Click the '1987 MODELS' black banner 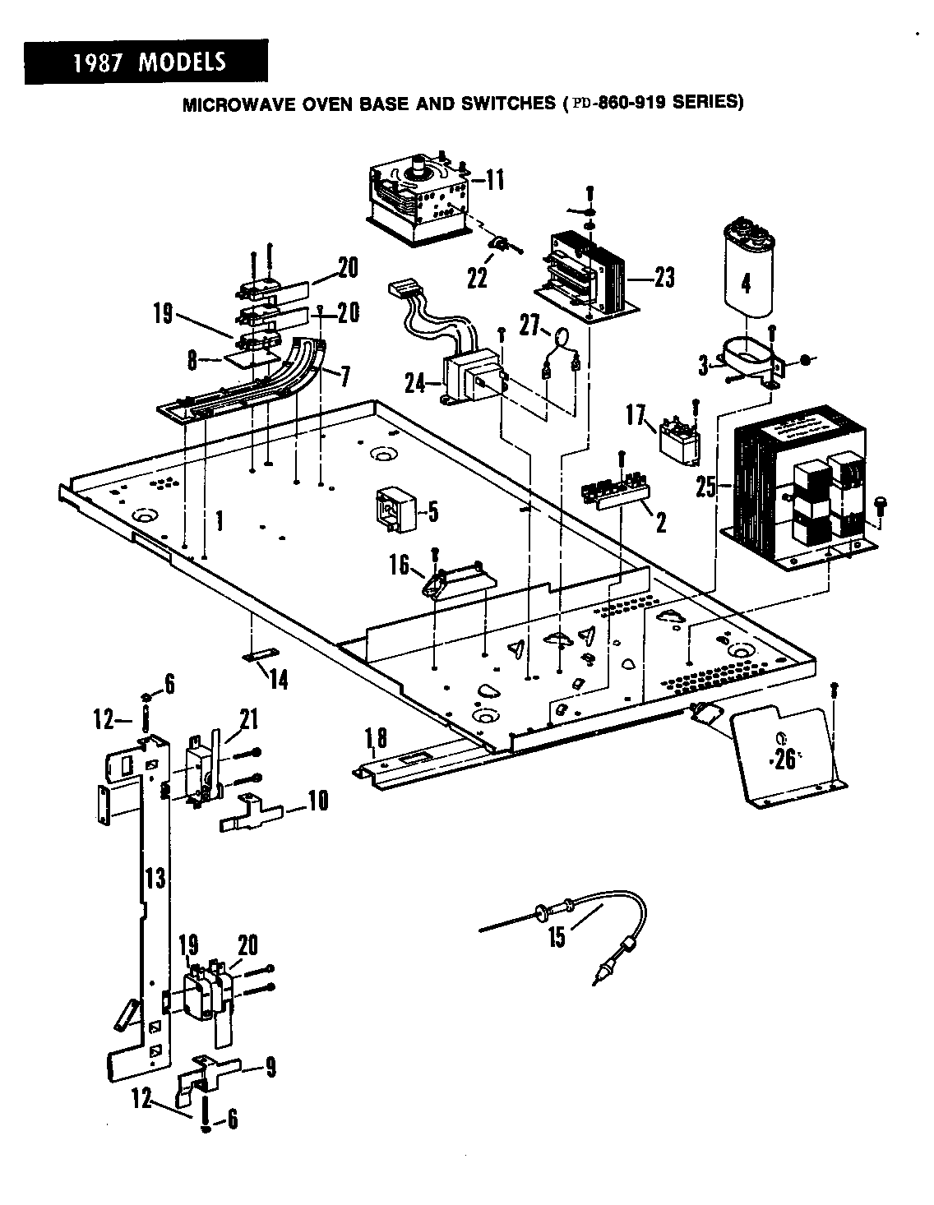click(146, 62)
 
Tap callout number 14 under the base click(279, 681)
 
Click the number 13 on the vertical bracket click(155, 878)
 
